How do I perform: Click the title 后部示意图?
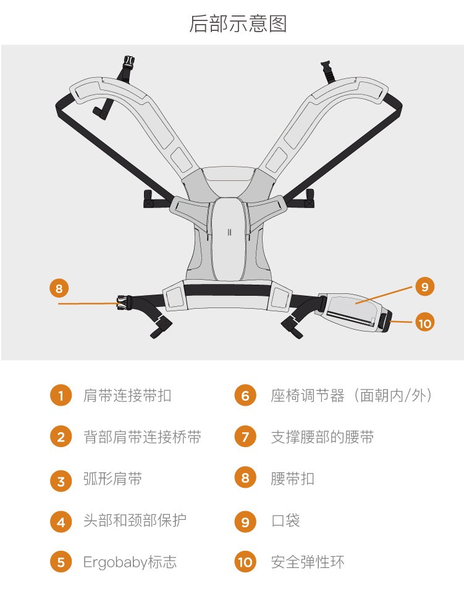click(x=238, y=23)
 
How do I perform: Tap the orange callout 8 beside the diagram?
click(x=59, y=288)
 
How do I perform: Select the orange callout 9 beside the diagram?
click(x=424, y=286)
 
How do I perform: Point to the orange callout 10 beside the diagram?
click(x=424, y=323)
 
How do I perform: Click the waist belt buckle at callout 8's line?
click(x=122, y=302)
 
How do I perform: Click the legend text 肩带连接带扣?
click(x=127, y=395)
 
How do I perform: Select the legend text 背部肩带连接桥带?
click(x=143, y=437)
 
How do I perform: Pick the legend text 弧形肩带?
click(x=113, y=479)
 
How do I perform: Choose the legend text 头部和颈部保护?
click(x=135, y=520)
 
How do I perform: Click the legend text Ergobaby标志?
click(x=130, y=562)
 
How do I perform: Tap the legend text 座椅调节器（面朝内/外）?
click(x=352, y=395)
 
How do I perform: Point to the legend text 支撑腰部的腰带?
click(x=323, y=437)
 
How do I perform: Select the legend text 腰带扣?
click(x=293, y=479)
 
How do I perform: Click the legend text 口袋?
click(x=285, y=520)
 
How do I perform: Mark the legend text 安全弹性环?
click(x=308, y=562)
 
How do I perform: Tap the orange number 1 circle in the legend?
click(x=61, y=395)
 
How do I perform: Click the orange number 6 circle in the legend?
click(x=245, y=395)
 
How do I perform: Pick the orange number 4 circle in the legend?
click(x=61, y=522)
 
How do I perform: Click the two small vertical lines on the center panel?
click(x=229, y=232)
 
